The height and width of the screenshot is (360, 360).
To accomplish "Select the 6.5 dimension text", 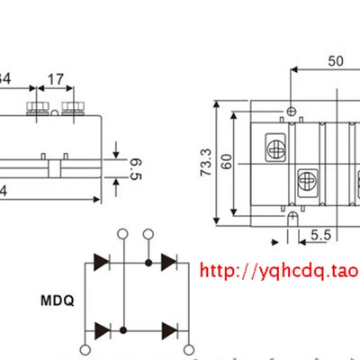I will click(x=136, y=166).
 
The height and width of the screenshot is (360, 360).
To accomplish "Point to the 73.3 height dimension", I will click(x=206, y=163).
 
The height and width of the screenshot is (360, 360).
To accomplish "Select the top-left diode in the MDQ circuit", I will click(x=102, y=262).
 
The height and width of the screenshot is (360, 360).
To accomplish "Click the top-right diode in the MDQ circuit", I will click(x=168, y=262).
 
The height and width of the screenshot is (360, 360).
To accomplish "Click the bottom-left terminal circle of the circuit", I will click(x=85, y=350).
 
